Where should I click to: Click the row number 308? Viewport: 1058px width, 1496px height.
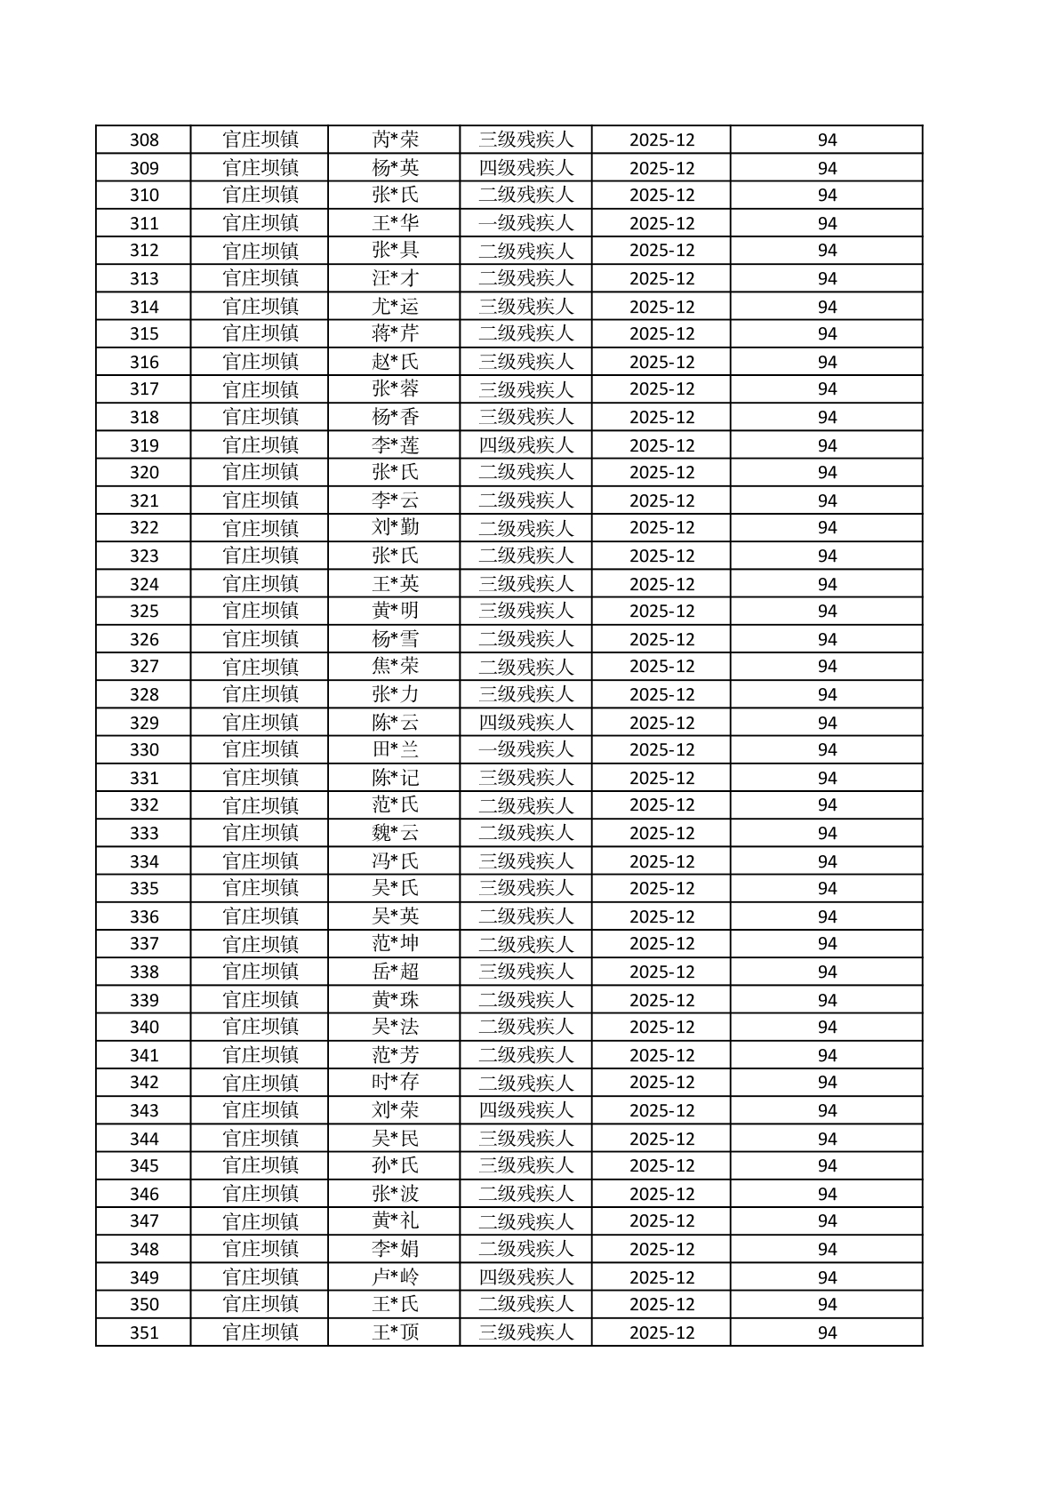144,140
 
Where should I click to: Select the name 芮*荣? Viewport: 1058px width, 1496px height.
395,140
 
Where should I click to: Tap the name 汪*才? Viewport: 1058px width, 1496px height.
395,278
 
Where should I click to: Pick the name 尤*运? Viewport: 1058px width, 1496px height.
395,307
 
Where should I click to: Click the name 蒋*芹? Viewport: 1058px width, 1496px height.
395,333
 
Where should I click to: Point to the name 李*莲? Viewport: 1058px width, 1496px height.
395,445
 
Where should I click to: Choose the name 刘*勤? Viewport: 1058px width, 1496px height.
395,528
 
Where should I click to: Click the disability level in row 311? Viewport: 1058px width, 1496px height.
525,223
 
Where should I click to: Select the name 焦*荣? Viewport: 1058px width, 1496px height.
395,667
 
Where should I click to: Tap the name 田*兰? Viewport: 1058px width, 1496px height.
395,749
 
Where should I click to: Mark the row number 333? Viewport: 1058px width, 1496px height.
144,833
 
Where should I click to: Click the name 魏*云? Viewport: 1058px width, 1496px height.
395,833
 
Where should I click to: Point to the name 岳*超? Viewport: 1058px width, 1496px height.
395,972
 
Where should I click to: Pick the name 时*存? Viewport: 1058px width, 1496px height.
395,1083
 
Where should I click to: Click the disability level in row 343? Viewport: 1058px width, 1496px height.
525,1110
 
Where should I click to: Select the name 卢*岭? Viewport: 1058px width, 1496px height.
395,1277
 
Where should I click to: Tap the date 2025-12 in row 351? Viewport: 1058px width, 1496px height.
661,1332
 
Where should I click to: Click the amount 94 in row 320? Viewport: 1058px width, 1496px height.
827,472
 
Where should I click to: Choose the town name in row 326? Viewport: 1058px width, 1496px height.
260,639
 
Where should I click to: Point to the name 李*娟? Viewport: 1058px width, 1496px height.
395,1249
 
